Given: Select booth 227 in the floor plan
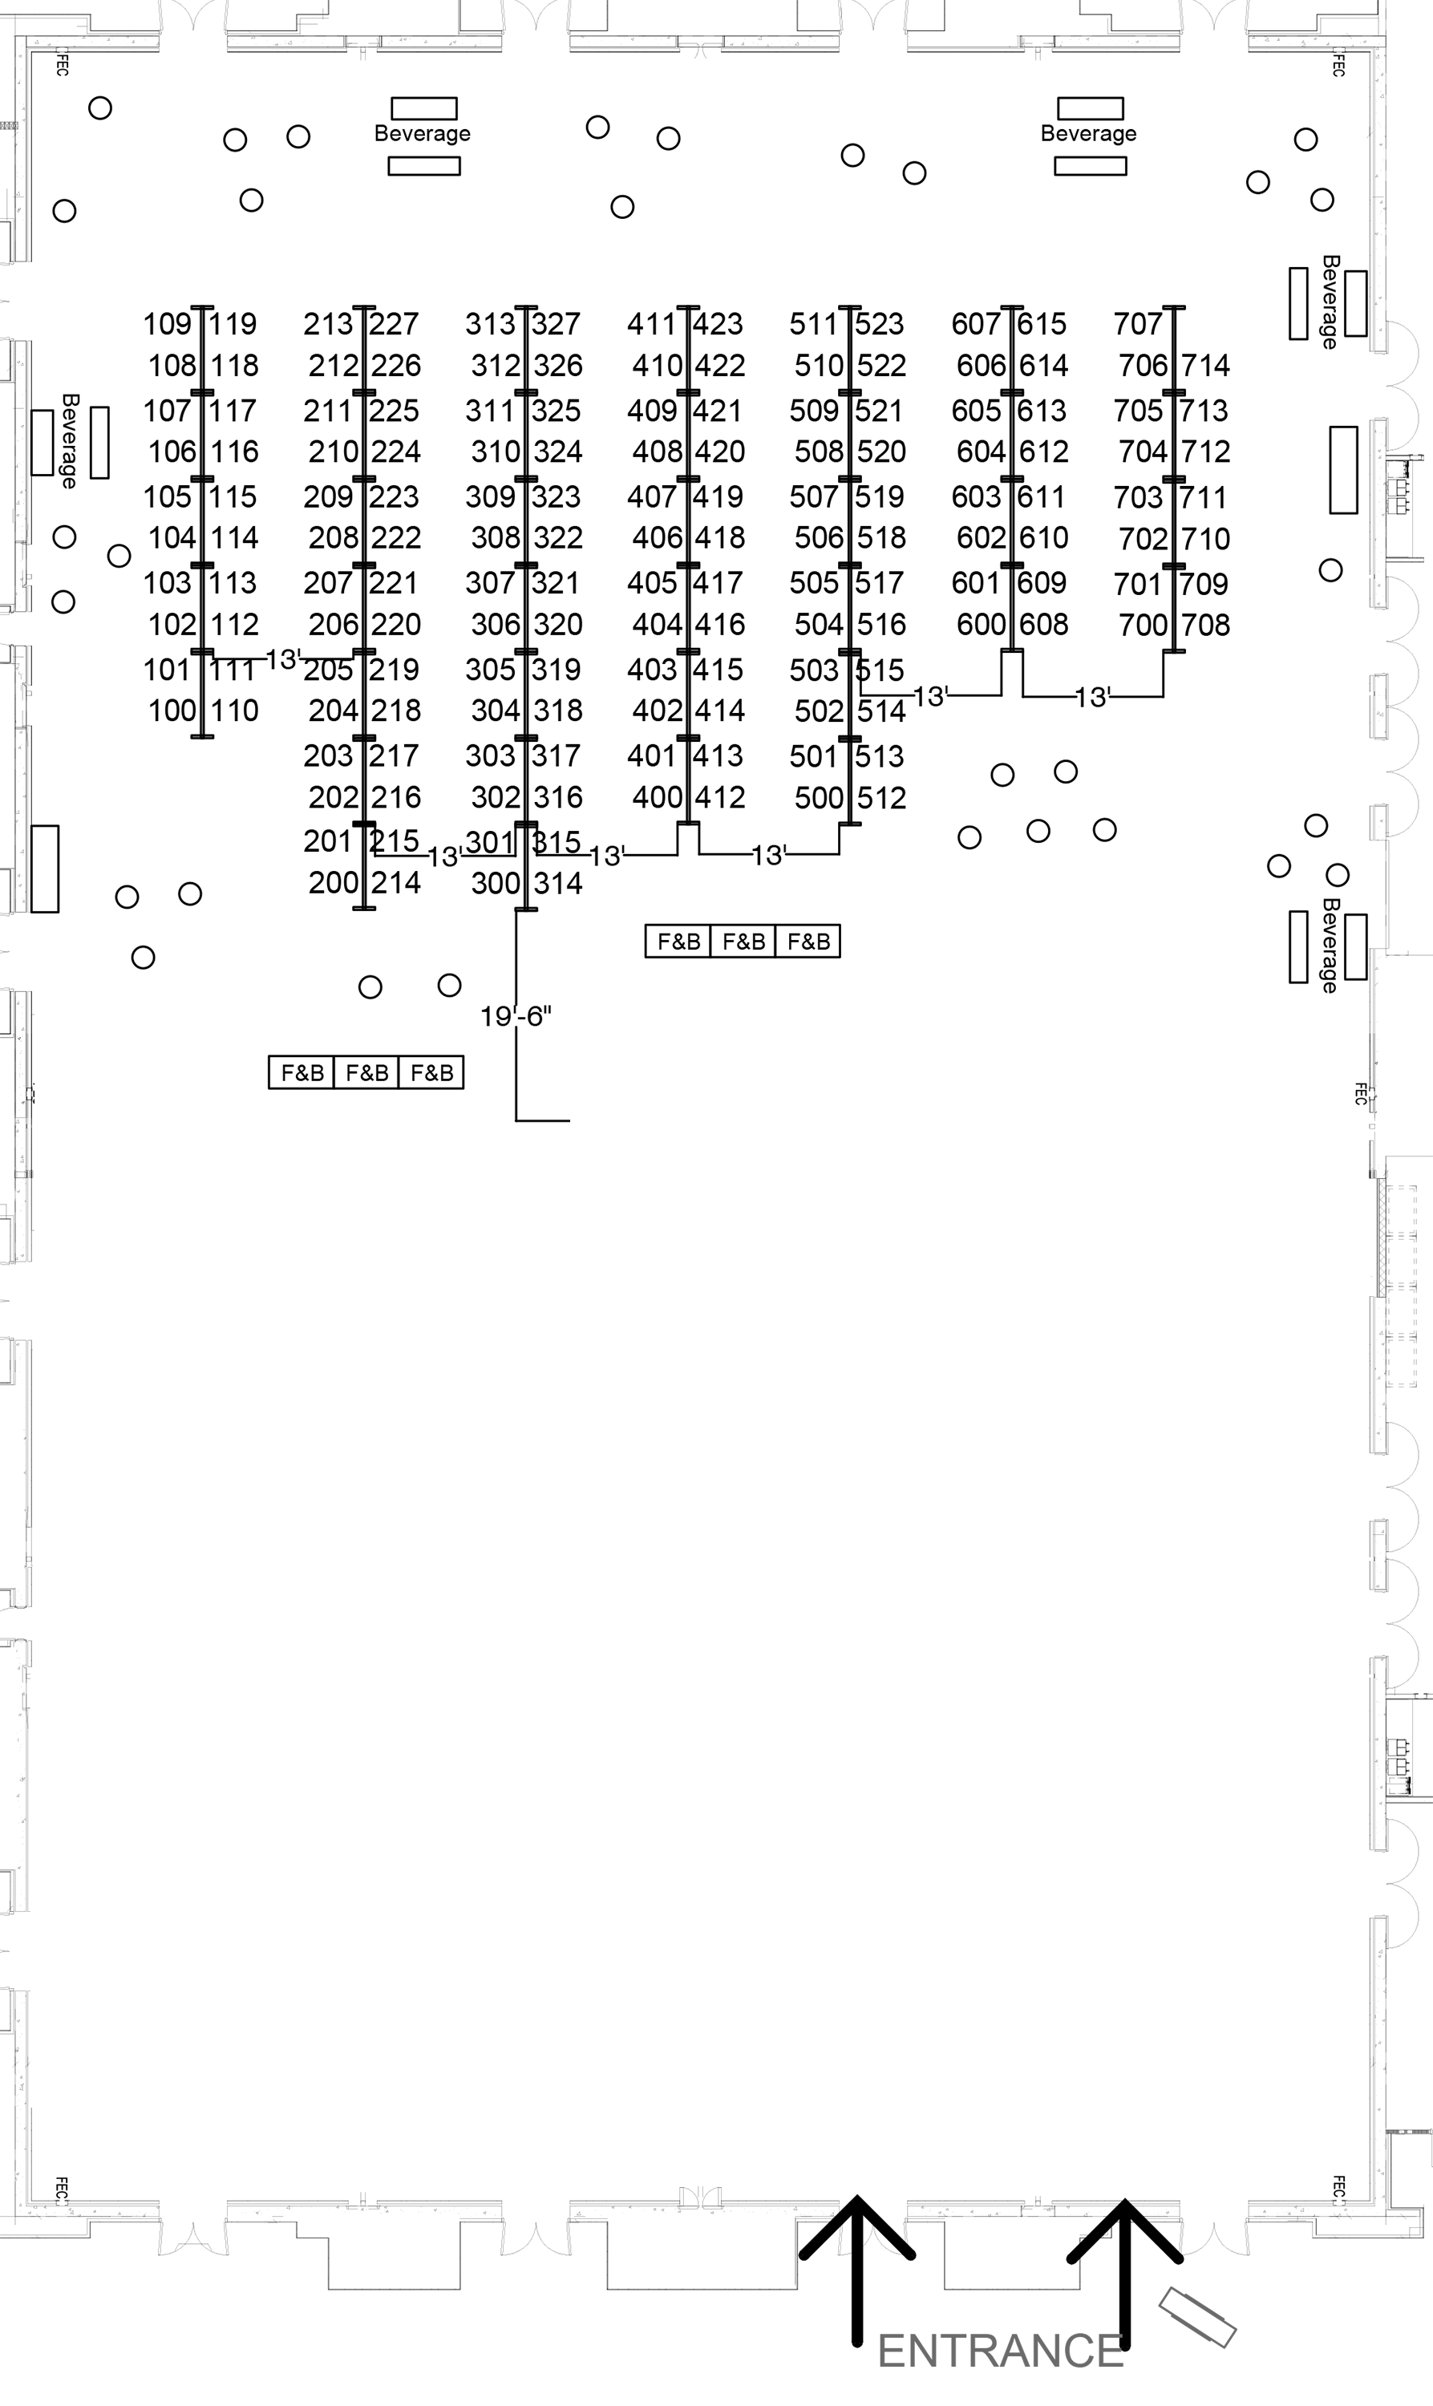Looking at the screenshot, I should point(394,324).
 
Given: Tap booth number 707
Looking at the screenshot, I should point(1138,324).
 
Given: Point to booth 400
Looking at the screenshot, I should point(657,797).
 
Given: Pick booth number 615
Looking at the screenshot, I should point(1041,324).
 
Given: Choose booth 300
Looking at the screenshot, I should point(496,884).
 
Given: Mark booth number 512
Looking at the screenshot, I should point(881,799).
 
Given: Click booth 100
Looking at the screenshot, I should point(172,711).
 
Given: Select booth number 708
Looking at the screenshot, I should point(1205,626).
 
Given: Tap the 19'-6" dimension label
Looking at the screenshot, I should point(516,1017).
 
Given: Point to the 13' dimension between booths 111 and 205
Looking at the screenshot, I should point(283,659).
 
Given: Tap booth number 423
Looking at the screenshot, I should point(718,324).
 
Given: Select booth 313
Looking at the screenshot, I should point(491,324).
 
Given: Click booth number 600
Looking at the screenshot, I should point(981,626).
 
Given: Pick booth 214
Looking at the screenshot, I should point(396,884).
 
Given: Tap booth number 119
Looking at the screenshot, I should point(233,324).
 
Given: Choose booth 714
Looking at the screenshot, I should point(1205,366).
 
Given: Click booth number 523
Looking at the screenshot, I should point(880,324).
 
